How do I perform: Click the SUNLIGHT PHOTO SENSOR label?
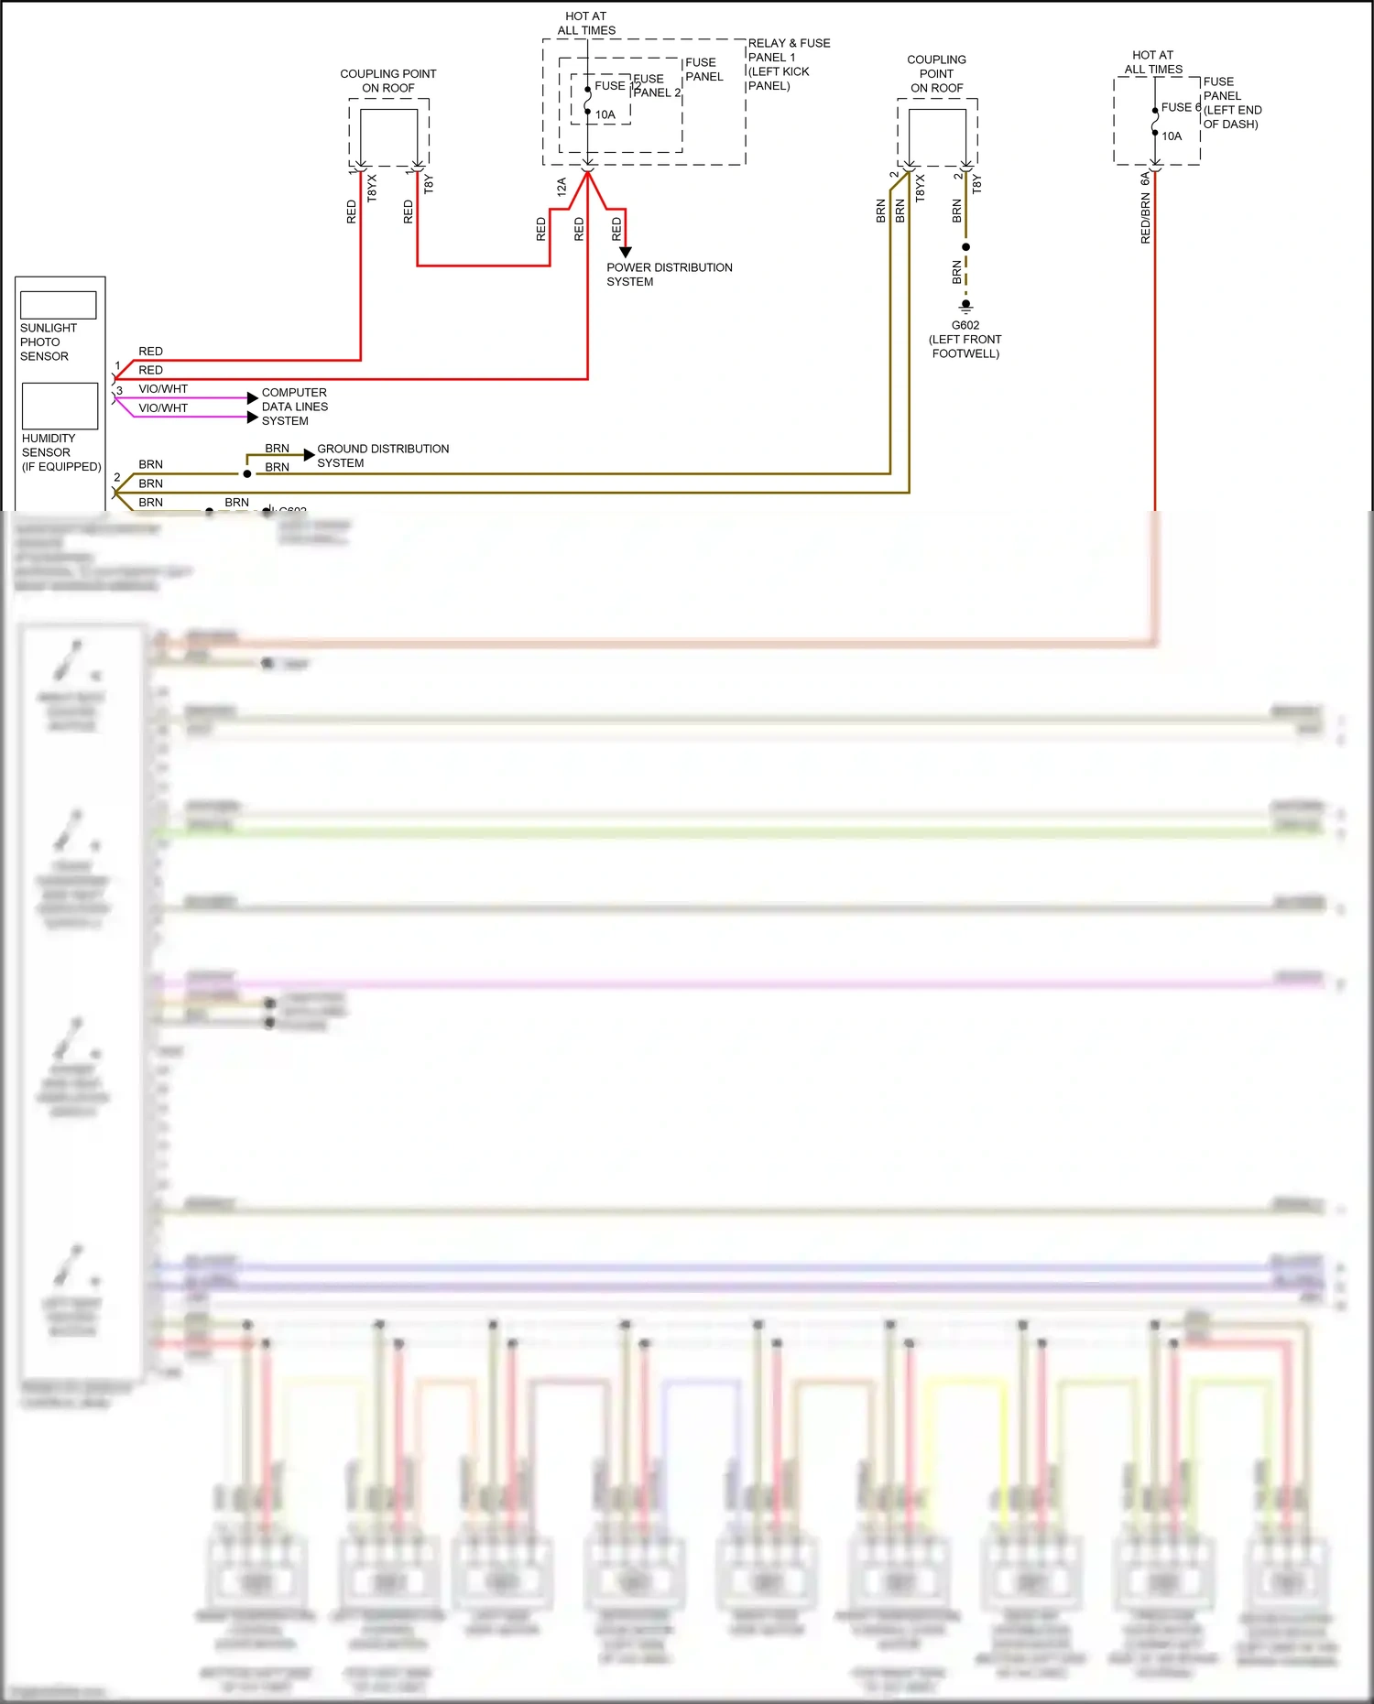click(x=49, y=342)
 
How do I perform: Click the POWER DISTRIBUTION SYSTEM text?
click(x=669, y=275)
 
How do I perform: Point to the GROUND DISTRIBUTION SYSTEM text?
click(x=383, y=455)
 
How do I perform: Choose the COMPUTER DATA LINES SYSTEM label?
click(x=294, y=407)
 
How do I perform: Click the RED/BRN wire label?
click(x=1145, y=219)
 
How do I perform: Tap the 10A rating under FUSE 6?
click(x=1172, y=136)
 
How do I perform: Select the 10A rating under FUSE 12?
click(x=605, y=115)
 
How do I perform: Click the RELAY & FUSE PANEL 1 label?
click(x=789, y=64)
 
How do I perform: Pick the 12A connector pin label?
click(x=562, y=187)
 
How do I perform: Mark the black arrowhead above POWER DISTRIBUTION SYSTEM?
click(x=626, y=252)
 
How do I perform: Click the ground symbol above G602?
click(x=965, y=306)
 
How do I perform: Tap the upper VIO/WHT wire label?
click(x=163, y=389)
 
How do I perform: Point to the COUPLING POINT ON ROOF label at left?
click(x=388, y=81)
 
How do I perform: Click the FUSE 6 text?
click(x=1180, y=107)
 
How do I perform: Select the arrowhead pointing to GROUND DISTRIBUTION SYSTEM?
click(x=309, y=455)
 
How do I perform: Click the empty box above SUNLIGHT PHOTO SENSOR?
click(x=59, y=305)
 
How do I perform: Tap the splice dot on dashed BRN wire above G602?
click(x=965, y=247)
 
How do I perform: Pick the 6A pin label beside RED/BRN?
click(x=1145, y=179)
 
